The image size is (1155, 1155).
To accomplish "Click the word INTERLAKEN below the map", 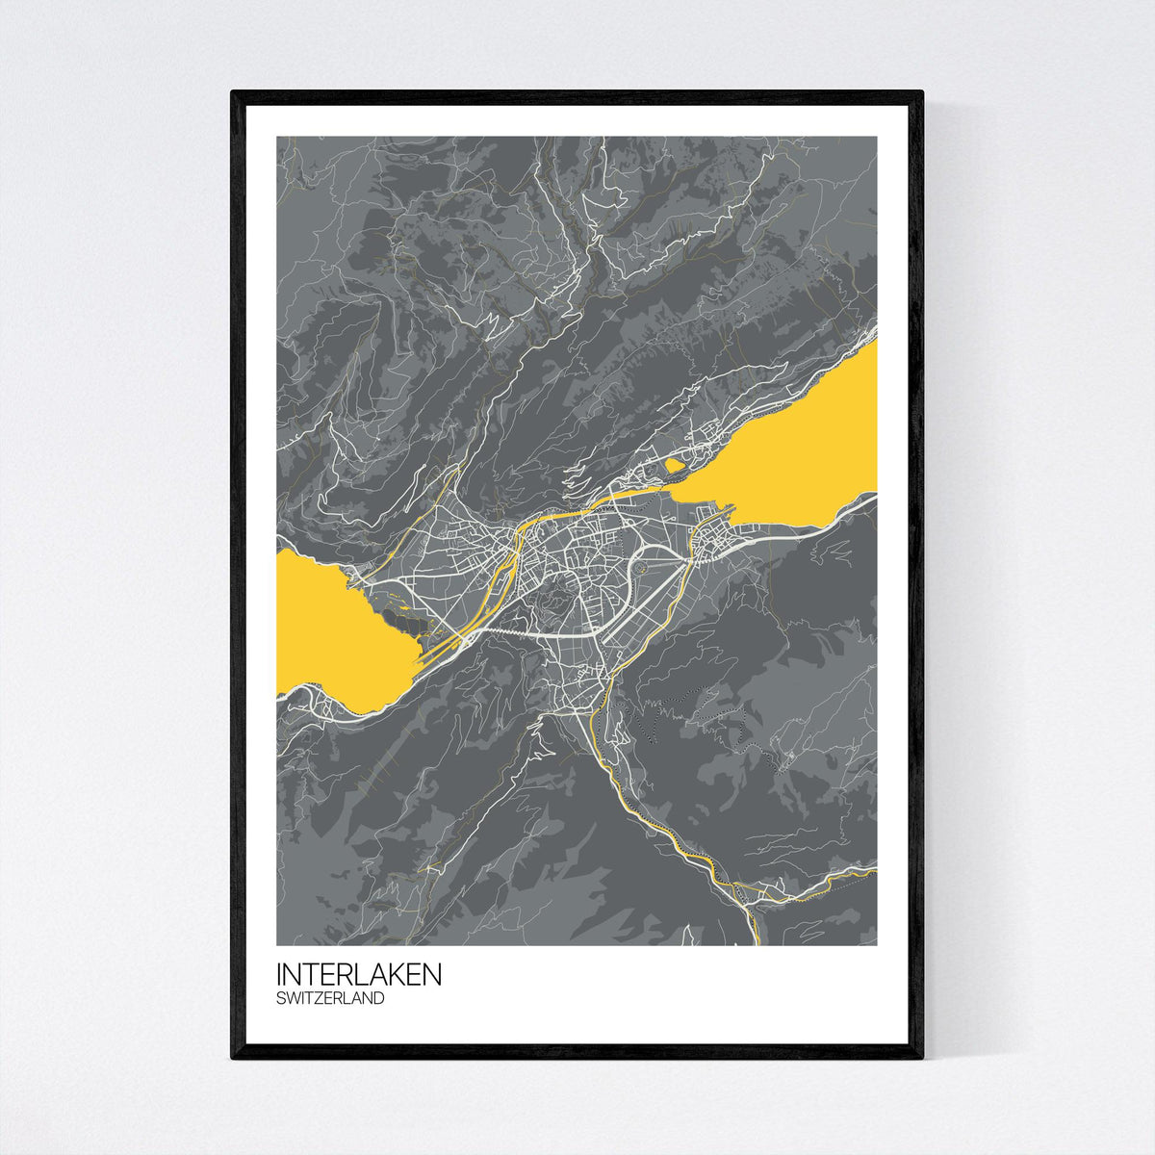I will [359, 974].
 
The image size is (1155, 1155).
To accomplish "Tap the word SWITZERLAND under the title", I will [330, 999].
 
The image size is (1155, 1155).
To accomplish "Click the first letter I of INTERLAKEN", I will [279, 974].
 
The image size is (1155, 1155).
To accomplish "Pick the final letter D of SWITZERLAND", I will [378, 999].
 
